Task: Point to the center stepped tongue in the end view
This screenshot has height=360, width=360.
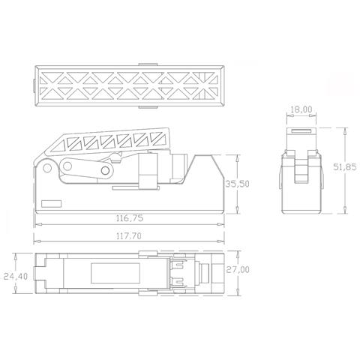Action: (301, 166)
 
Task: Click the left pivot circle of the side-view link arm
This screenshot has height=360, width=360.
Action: (69, 166)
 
